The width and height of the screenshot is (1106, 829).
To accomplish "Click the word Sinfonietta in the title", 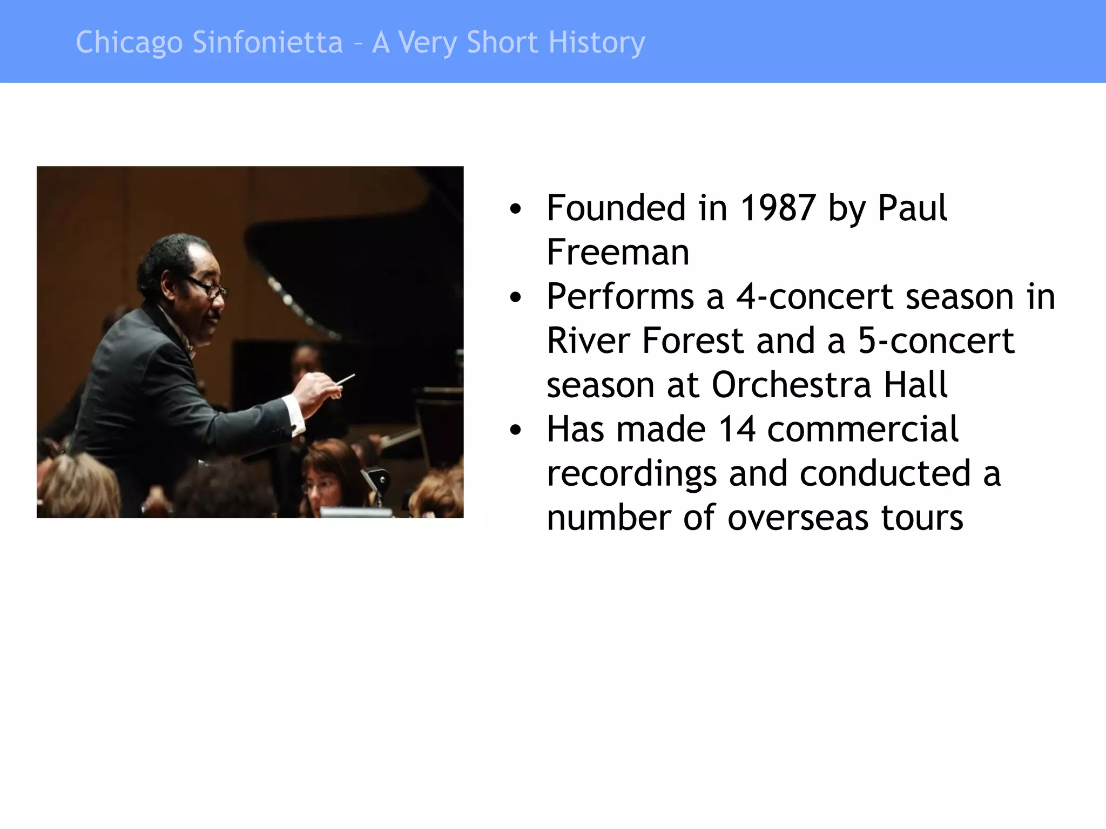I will (x=267, y=42).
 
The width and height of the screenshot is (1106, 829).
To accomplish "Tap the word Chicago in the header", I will (x=129, y=43).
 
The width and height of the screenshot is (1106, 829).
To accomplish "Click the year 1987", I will (x=777, y=208).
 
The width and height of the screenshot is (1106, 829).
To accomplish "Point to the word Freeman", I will (x=618, y=252).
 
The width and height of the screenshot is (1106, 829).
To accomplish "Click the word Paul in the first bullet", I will (x=912, y=208).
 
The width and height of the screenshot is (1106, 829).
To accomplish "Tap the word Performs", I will (x=620, y=297).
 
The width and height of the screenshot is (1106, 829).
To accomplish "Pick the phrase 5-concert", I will (x=936, y=341).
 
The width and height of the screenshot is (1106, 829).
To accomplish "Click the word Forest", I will (x=693, y=341).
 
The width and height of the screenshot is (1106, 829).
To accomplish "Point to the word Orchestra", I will (x=791, y=385).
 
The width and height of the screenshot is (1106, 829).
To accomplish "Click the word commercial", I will (x=862, y=429).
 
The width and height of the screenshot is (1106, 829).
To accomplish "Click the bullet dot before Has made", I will (x=516, y=430).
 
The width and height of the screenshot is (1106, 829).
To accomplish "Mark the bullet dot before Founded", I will (x=516, y=209).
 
